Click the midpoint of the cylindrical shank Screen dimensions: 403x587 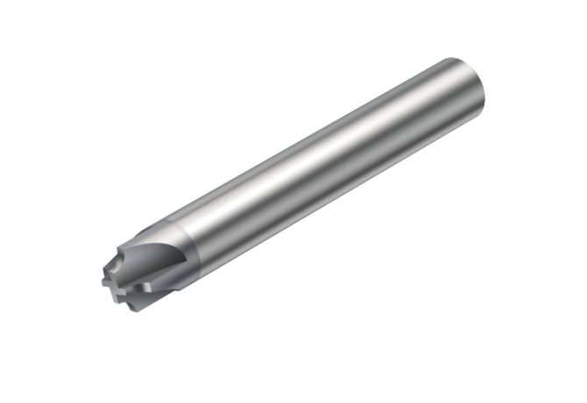click(x=333, y=166)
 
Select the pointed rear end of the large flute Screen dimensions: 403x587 click(x=185, y=259)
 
